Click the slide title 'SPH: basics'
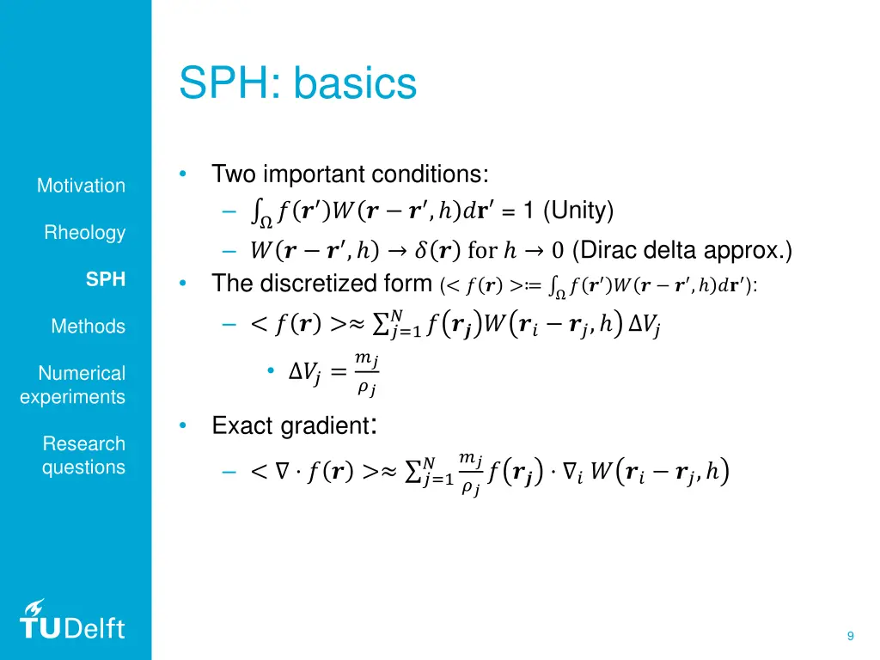point(297,84)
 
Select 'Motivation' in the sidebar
point(81,186)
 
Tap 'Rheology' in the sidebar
point(85,233)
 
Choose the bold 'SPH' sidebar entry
point(106,279)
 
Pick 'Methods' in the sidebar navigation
point(88,327)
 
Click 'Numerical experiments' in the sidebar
point(73,385)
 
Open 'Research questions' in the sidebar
point(83,455)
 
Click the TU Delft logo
point(72,620)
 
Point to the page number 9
point(850,636)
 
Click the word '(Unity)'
point(578,211)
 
